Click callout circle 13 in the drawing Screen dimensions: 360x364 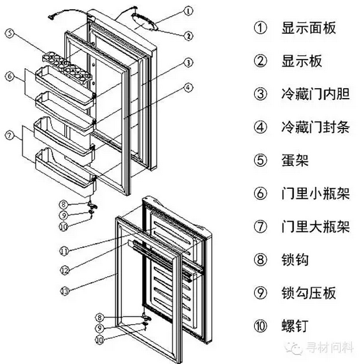point(66,291)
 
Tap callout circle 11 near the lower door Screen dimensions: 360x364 point(64,250)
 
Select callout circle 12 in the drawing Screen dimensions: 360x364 point(65,270)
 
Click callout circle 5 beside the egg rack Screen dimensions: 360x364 point(10,34)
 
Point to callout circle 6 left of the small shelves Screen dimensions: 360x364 point(10,77)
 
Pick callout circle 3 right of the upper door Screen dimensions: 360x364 point(188,62)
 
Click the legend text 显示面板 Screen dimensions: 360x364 point(309,28)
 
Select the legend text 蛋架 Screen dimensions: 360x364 point(295,160)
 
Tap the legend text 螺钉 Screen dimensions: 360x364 point(295,326)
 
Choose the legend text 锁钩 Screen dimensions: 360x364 point(295,260)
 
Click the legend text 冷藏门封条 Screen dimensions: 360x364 point(315,127)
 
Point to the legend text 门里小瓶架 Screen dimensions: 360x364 point(315,193)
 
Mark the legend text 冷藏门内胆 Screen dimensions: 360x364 point(315,94)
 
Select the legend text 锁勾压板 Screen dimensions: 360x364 point(309,293)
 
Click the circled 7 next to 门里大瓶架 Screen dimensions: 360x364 point(260,226)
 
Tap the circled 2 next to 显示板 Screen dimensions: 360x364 point(260,61)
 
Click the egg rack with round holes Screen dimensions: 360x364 point(67,66)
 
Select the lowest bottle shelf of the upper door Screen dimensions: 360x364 point(65,172)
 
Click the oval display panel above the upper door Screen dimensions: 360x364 point(144,21)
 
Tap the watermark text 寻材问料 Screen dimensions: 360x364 point(330,348)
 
